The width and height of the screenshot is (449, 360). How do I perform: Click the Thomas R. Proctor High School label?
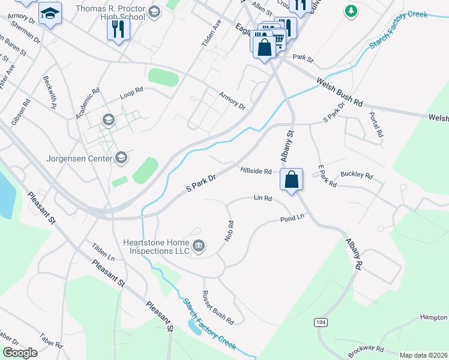click(111, 13)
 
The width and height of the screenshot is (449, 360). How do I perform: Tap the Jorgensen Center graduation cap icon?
click(121, 158)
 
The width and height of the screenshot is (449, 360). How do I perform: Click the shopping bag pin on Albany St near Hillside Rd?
click(291, 179)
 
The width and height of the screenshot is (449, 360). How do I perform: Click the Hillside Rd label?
click(256, 171)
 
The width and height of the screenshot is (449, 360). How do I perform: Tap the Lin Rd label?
click(263, 197)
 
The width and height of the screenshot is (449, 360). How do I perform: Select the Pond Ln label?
click(292, 219)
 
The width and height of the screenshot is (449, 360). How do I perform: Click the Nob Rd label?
click(229, 230)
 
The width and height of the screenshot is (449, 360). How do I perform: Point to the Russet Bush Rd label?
click(217, 307)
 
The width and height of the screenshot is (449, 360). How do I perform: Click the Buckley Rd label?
click(357, 176)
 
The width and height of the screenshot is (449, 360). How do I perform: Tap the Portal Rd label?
click(376, 125)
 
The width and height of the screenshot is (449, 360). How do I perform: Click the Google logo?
click(20, 353)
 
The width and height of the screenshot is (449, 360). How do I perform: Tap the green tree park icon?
click(351, 11)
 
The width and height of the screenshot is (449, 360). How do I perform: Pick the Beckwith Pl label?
click(49, 92)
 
